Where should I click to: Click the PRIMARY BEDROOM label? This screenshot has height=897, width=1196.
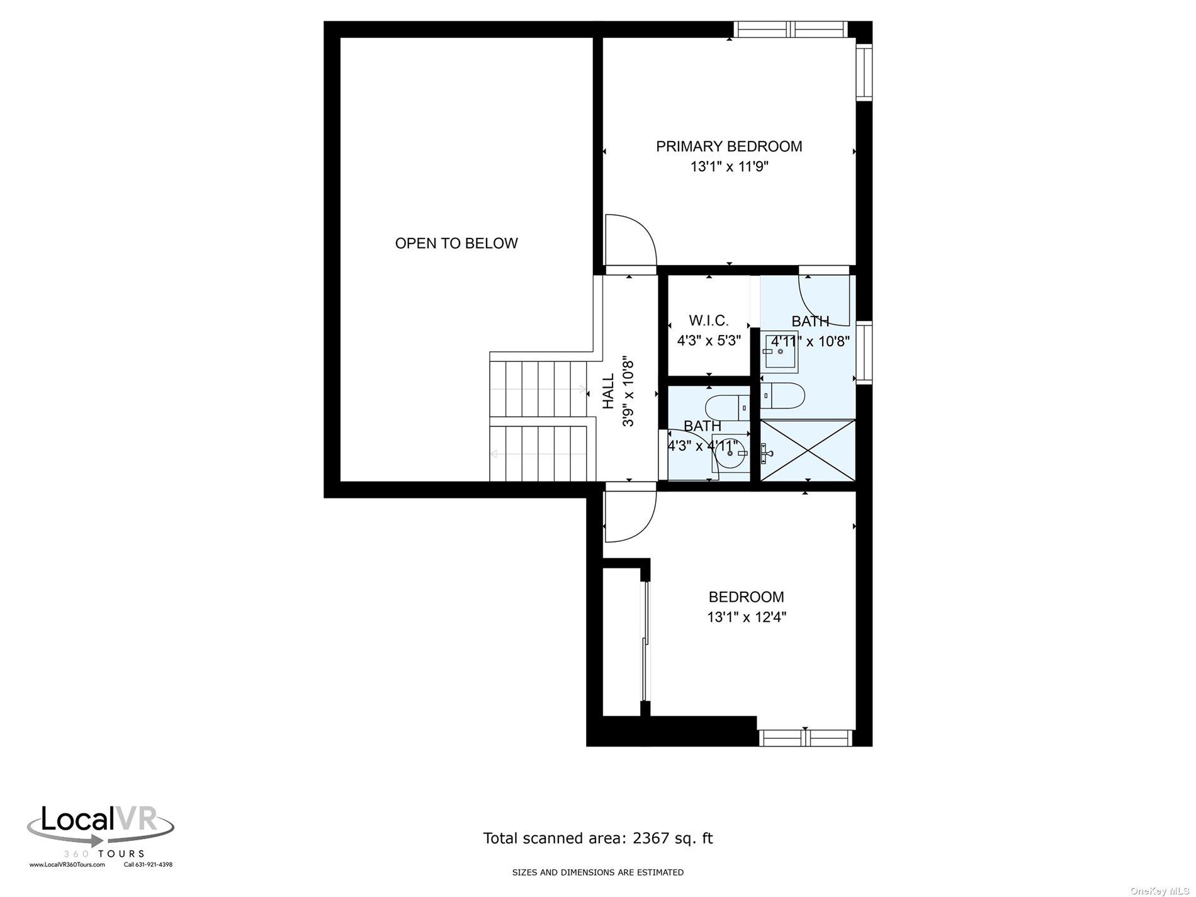tap(729, 147)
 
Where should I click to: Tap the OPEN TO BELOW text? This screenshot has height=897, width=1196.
tap(456, 244)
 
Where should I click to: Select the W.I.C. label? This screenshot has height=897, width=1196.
tap(709, 320)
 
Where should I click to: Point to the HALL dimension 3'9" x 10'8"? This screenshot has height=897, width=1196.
tap(628, 392)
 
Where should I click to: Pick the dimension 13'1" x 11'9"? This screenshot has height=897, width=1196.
tap(729, 167)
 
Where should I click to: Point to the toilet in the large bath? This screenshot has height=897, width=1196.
tap(784, 395)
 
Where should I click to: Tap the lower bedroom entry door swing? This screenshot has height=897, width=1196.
tap(629, 516)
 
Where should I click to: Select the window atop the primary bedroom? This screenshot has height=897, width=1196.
tap(791, 29)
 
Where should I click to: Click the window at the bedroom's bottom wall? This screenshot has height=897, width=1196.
tap(806, 738)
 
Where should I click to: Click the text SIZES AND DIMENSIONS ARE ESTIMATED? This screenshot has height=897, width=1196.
tap(597, 872)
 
